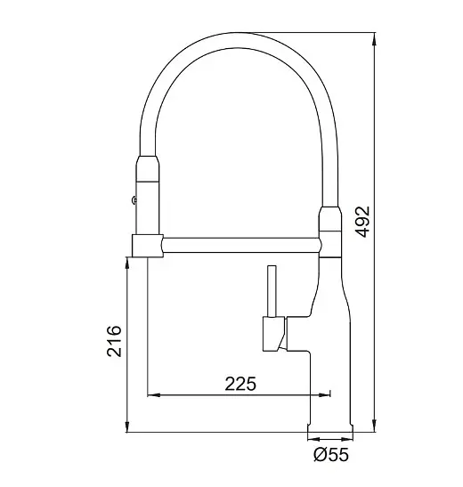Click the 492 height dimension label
coord(362,222)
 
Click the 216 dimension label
coord(114,341)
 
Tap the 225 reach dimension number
coord(240,384)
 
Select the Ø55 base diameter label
coord(331,455)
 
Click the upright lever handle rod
coord(272,291)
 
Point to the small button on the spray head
coord(134,200)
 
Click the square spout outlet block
coord(148,246)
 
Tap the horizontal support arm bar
coord(241,245)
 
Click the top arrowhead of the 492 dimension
coord(375,38)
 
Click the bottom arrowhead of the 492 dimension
coord(375,426)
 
